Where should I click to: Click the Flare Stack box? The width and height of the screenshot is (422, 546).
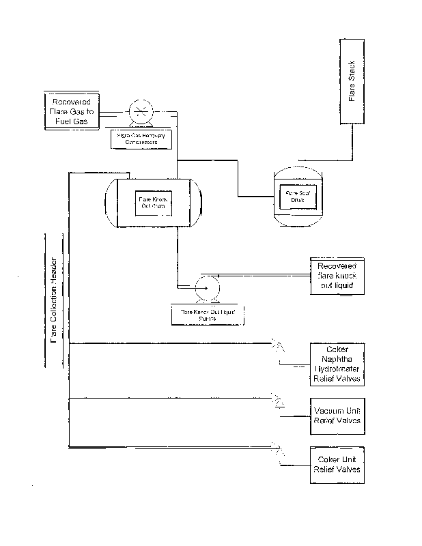pyautogui.click(x=352, y=82)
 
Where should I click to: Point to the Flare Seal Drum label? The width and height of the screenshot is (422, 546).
pyautogui.click(x=298, y=197)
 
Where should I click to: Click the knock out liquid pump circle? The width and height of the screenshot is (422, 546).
pyautogui.click(x=205, y=289)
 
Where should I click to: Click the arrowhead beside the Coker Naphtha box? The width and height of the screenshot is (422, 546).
pyautogui.click(x=279, y=343)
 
